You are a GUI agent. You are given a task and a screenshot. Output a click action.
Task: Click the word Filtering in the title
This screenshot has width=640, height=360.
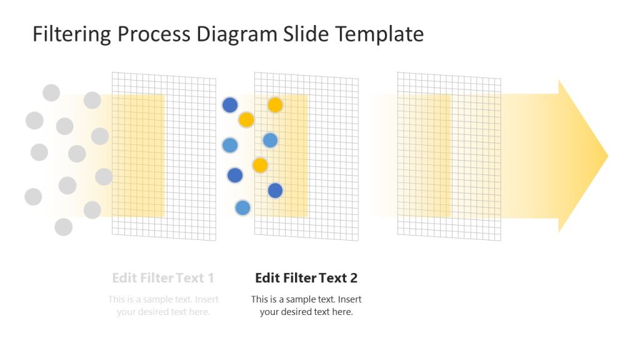[x=72, y=34]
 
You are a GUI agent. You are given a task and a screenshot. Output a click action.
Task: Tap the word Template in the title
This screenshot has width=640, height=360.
[x=380, y=34]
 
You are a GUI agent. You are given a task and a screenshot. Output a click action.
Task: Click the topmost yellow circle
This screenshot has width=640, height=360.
[x=275, y=105]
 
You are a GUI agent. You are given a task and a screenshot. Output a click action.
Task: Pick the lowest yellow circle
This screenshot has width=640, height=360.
[x=260, y=165]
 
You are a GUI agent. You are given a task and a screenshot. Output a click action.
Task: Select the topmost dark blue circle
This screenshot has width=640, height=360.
[x=231, y=105]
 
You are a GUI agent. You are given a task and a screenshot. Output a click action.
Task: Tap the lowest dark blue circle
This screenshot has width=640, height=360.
[x=275, y=191]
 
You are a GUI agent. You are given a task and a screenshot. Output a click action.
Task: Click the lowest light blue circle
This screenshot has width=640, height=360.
[x=243, y=208]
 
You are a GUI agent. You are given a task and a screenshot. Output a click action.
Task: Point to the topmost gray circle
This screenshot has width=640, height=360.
[x=51, y=93]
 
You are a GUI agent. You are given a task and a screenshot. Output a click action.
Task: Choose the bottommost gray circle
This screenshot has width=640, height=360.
[x=63, y=227]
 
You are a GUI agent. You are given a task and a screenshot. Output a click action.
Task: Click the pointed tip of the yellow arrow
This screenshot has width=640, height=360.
[x=606, y=156]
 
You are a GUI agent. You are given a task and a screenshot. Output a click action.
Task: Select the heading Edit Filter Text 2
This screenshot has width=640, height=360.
[x=306, y=277]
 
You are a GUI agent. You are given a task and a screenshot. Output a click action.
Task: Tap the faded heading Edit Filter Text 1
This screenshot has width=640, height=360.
[x=163, y=277]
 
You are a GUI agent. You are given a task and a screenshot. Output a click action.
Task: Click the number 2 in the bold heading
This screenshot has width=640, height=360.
[x=353, y=277]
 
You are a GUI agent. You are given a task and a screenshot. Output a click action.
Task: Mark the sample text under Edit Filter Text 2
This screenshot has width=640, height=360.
[x=306, y=305]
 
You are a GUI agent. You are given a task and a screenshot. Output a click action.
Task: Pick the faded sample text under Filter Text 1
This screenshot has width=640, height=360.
[x=163, y=305]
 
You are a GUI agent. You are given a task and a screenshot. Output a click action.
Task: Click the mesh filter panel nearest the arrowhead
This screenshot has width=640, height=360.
[x=475, y=156]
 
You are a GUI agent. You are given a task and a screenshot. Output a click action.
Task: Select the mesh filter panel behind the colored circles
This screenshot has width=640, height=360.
[x=331, y=156]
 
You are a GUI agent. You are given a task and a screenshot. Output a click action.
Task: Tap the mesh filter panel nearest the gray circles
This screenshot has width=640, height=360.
[x=187, y=156]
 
